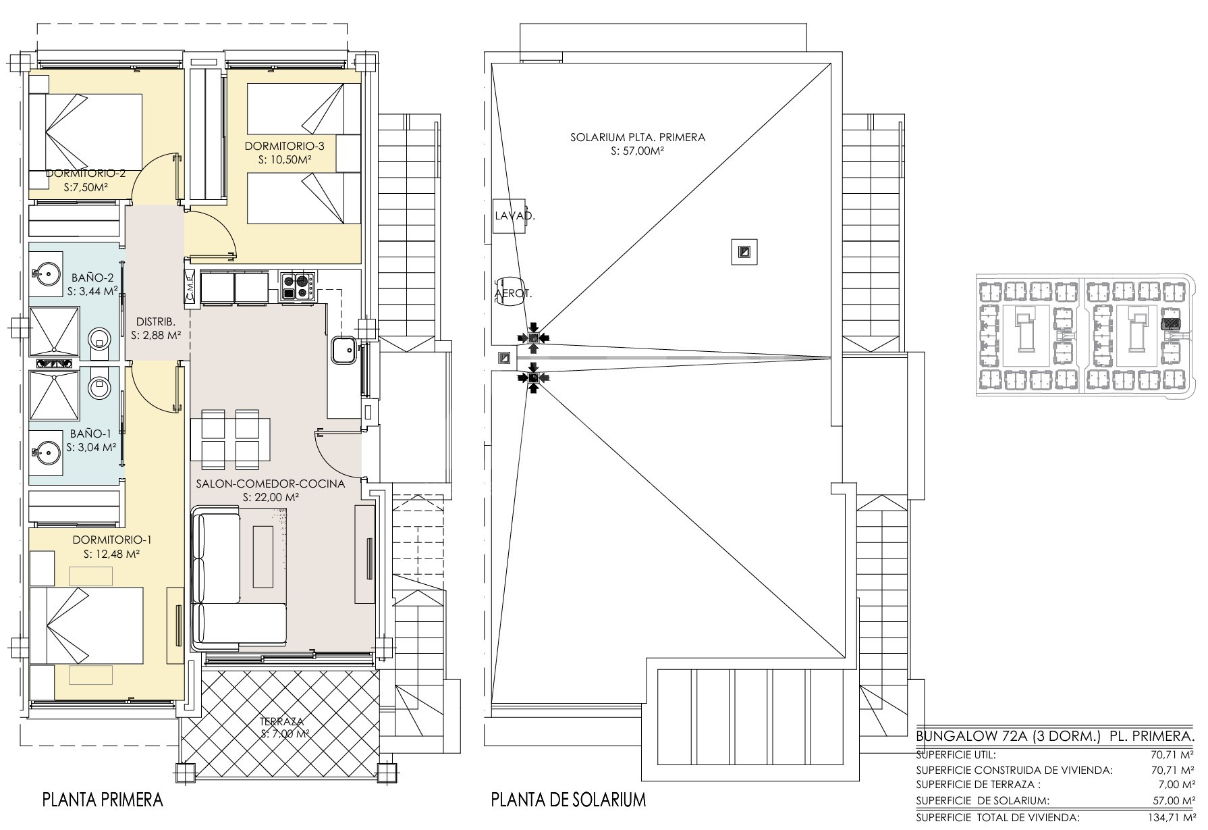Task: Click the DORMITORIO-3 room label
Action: pyautogui.click(x=284, y=146)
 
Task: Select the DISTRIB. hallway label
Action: pyautogui.click(x=156, y=321)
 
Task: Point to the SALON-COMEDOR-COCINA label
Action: pyautogui.click(x=270, y=484)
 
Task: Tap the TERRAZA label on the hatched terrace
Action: pyautogui.click(x=284, y=721)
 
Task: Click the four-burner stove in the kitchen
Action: pyautogui.click(x=298, y=286)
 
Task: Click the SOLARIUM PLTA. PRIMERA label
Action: pyautogui.click(x=638, y=138)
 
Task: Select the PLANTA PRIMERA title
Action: pyautogui.click(x=103, y=800)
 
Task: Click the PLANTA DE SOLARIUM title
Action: pyautogui.click(x=569, y=800)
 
